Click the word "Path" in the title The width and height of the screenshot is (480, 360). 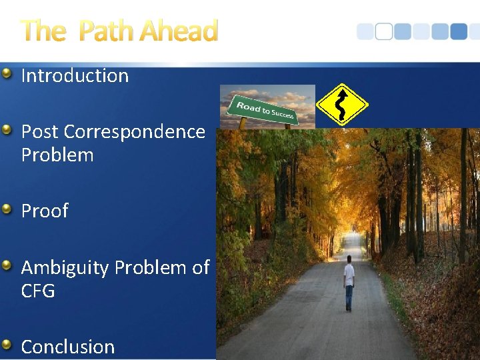(x=106, y=31)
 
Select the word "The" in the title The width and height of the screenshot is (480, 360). (x=43, y=31)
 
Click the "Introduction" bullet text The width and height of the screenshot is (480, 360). (x=75, y=76)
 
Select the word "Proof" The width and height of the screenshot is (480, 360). (x=45, y=211)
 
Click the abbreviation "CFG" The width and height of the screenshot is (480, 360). (x=38, y=291)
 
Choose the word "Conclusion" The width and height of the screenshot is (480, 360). (x=68, y=347)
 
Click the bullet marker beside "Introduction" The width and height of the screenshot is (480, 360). (x=7, y=73)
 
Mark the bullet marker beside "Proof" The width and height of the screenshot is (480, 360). (x=7, y=209)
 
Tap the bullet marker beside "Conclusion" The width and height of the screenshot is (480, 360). (x=7, y=345)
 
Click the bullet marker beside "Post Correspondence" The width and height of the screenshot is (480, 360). (x=7, y=130)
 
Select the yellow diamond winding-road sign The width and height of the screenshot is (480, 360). (x=341, y=105)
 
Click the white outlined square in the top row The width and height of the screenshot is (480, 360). (x=384, y=32)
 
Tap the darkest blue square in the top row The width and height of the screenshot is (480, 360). (x=459, y=32)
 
